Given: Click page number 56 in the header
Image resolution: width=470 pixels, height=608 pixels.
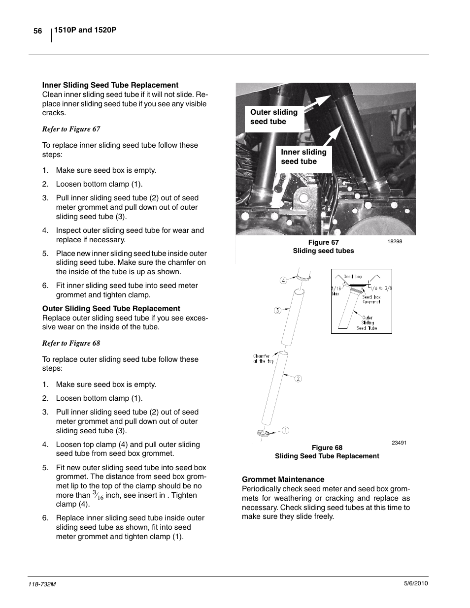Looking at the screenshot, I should click(37, 31).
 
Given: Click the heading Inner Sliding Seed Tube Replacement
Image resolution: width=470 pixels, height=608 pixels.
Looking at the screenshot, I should click(110, 85).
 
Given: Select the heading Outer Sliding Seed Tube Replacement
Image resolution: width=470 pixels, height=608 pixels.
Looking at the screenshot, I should click(111, 309).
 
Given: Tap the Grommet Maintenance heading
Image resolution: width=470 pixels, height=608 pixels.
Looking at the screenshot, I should click(283, 480).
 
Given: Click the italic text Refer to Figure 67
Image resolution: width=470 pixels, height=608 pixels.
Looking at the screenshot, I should click(71, 129).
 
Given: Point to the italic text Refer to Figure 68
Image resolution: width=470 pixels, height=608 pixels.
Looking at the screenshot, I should click(71, 343).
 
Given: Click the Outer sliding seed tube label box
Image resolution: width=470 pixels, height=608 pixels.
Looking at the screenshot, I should click(274, 117).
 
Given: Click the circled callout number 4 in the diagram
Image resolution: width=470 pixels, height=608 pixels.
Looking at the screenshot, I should click(283, 281).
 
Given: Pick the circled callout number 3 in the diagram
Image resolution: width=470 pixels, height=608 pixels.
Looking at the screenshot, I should click(277, 311).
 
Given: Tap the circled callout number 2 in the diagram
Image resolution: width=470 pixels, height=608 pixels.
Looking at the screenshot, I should click(298, 379).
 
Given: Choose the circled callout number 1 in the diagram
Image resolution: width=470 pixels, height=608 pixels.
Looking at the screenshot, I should click(285, 430).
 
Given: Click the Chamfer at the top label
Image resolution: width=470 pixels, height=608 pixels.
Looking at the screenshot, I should click(263, 358).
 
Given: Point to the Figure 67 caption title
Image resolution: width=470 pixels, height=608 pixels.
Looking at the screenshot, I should click(323, 242).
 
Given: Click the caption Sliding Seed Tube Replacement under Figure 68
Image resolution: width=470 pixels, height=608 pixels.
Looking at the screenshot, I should click(327, 456).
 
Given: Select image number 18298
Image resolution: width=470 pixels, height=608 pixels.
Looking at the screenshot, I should click(395, 242).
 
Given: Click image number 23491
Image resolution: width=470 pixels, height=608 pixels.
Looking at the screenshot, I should click(399, 443).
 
